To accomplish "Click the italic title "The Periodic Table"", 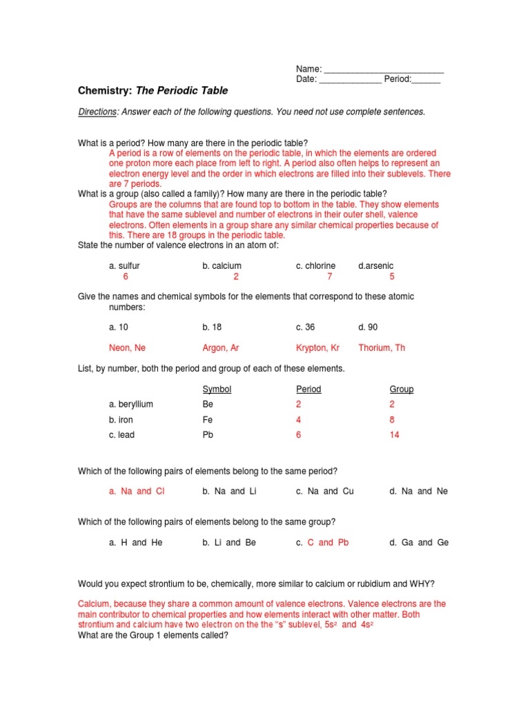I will pyautogui.click(x=182, y=90).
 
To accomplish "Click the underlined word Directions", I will pyautogui.click(x=97, y=112).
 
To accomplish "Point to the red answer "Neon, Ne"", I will pyautogui.click(x=128, y=348).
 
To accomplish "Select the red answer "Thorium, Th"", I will pyautogui.click(x=382, y=348).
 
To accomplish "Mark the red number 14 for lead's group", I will pyautogui.click(x=394, y=435).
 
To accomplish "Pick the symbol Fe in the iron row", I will pyautogui.click(x=208, y=420).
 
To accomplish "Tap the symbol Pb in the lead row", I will pyautogui.click(x=208, y=435).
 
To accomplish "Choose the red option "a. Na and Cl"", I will pyautogui.click(x=137, y=492).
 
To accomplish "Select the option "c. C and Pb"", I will pyautogui.click(x=322, y=543).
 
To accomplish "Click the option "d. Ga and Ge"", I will pyautogui.click(x=419, y=543).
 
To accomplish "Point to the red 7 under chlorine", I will pyautogui.click(x=330, y=276).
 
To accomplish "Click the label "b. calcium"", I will pyautogui.click(x=222, y=265).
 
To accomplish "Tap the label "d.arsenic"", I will pyautogui.click(x=376, y=265).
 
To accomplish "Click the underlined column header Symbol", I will pyautogui.click(x=217, y=390).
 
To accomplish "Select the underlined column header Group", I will pyautogui.click(x=402, y=390).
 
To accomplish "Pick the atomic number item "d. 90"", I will pyautogui.click(x=368, y=327).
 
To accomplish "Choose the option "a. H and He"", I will pyautogui.click(x=136, y=543).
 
